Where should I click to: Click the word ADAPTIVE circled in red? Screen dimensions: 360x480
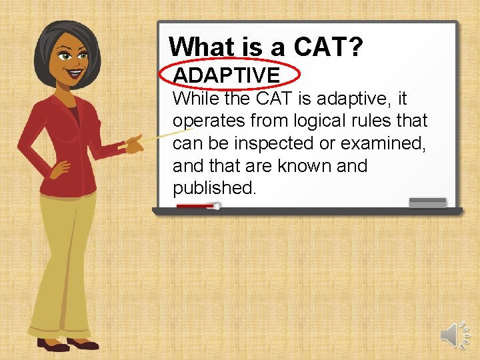tap(226, 75)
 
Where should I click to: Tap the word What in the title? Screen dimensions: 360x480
tap(202, 47)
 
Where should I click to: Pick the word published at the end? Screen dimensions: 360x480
tap(213, 188)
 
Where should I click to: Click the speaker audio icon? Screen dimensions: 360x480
tap(454, 333)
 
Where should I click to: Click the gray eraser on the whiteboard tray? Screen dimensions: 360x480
tap(427, 203)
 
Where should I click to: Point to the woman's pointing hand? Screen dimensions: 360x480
tap(133, 143)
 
